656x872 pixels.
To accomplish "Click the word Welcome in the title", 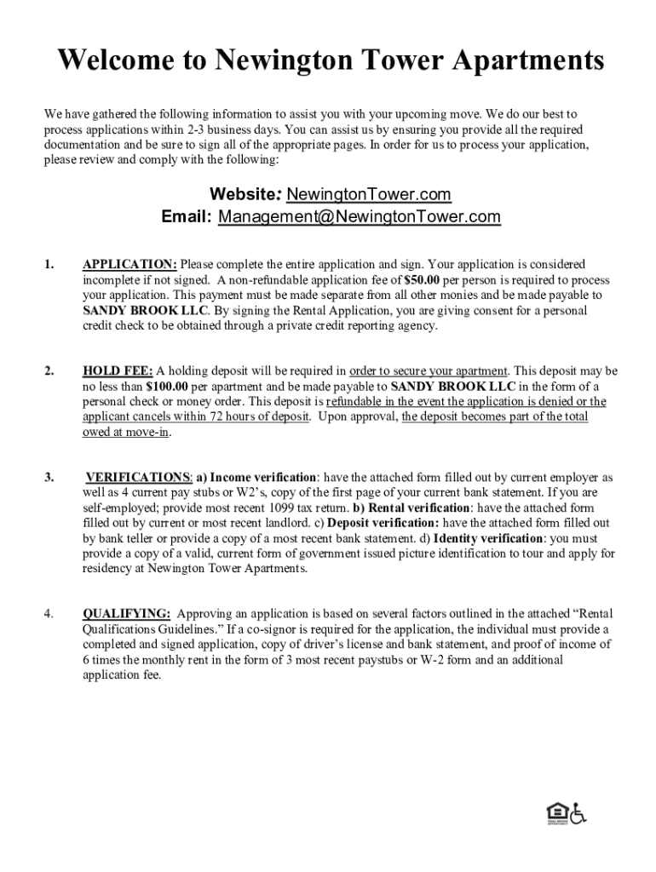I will pyautogui.click(x=111, y=62).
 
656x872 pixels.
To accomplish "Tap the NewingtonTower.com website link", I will pyautogui.click(x=369, y=195).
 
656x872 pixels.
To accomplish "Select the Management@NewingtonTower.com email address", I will pyautogui.click(x=360, y=217).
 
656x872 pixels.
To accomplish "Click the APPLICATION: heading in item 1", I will pyautogui.click(x=129, y=265).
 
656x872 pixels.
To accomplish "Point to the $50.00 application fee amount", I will pyautogui.click(x=422, y=280).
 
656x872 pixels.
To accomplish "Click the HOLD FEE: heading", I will pyautogui.click(x=118, y=371).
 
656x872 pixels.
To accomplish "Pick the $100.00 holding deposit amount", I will pyautogui.click(x=167, y=387).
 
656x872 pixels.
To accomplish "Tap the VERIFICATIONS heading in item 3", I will pyautogui.click(x=139, y=478).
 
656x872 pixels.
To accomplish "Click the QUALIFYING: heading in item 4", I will pyautogui.click(x=126, y=614).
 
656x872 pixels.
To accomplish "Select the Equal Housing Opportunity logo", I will pyautogui.click(x=556, y=814).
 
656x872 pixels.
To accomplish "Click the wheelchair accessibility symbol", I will pyautogui.click(x=578, y=814).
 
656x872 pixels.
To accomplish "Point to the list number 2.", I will pyautogui.click(x=49, y=371).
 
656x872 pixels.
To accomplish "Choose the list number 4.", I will pyautogui.click(x=49, y=614).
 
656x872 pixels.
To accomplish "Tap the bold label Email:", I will pyautogui.click(x=187, y=217).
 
